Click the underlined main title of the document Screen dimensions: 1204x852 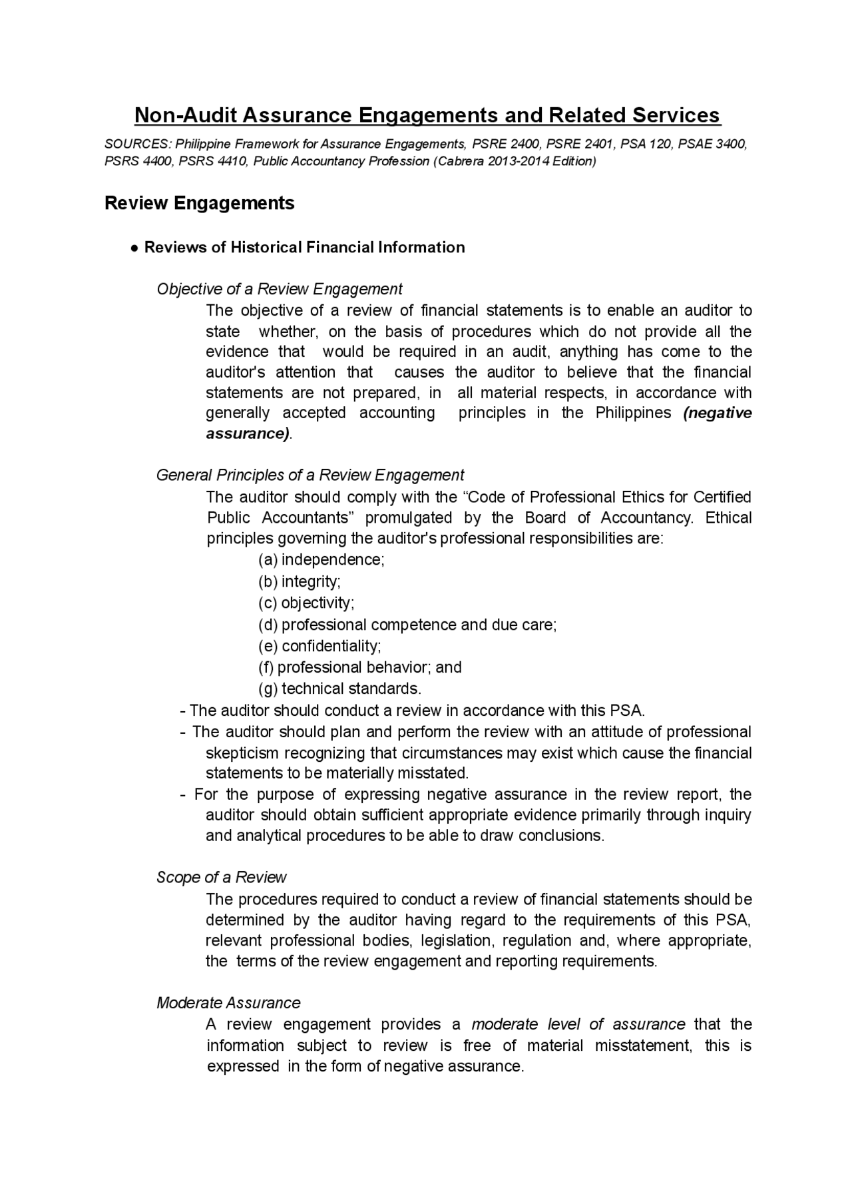[x=427, y=115]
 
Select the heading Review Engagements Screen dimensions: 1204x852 [x=199, y=203]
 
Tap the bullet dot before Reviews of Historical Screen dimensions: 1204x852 [x=134, y=248]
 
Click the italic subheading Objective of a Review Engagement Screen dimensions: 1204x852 [x=279, y=289]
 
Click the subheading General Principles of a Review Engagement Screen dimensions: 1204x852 [x=310, y=475]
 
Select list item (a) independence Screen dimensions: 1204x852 [x=321, y=559]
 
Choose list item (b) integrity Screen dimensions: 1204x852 [x=299, y=581]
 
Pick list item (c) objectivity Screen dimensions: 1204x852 [x=306, y=603]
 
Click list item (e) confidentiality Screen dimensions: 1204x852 [x=319, y=646]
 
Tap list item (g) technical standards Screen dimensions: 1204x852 [x=339, y=689]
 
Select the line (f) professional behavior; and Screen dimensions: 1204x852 [x=359, y=667]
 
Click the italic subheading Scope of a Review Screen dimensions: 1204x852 [x=221, y=877]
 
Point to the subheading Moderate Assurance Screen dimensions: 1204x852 [x=228, y=1003]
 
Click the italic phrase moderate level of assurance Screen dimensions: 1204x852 [x=578, y=1024]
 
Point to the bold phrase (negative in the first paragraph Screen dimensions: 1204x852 [x=717, y=413]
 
